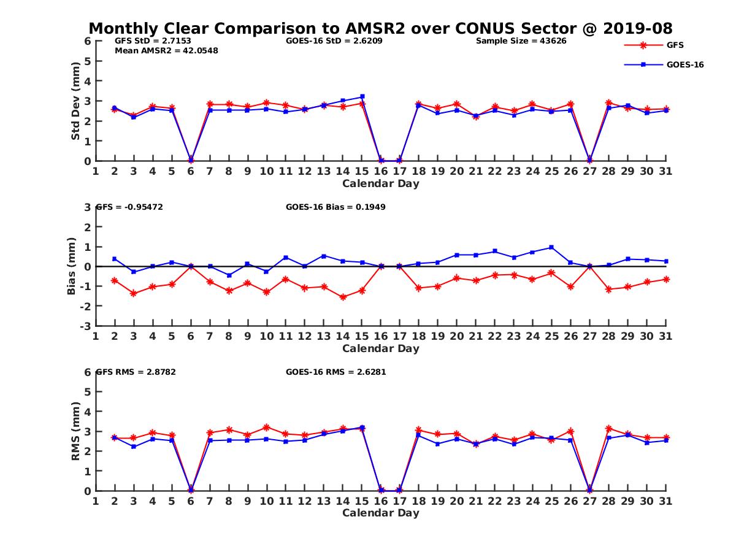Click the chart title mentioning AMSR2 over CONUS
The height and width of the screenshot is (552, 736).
380,28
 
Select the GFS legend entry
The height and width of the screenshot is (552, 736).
675,45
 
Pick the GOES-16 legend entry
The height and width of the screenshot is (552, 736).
684,64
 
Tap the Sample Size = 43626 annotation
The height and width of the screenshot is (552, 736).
521,41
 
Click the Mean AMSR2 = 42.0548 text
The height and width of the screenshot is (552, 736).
166,51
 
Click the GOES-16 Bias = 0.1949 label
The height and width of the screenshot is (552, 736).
335,207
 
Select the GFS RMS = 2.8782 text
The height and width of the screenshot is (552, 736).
136,372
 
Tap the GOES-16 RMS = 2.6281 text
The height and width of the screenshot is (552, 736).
335,372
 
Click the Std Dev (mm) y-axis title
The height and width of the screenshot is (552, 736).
76,101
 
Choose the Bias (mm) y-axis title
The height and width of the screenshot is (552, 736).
72,266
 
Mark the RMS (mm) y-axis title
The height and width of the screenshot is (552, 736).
76,431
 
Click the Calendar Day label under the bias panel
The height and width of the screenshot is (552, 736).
380,348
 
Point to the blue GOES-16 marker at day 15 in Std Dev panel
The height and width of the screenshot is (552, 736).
362,96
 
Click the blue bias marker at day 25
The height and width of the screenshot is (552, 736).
551,247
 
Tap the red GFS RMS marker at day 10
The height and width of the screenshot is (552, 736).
266,427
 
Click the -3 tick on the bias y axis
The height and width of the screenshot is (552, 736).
86,326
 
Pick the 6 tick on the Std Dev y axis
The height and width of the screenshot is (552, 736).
88,41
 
